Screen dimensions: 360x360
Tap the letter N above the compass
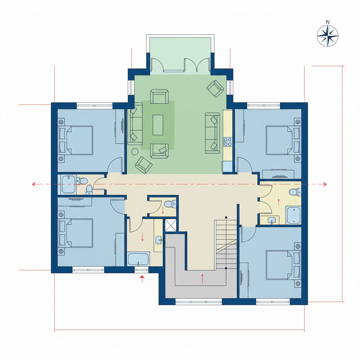[328, 22]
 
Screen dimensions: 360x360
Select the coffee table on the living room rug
[158, 125]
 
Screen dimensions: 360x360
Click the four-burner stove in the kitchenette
[228, 142]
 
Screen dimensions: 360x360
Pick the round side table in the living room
[135, 152]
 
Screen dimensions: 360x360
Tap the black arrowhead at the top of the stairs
[226, 217]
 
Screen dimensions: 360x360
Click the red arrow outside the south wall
[142, 278]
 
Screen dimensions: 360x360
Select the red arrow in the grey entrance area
[202, 278]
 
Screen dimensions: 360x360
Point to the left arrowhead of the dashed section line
[33, 184]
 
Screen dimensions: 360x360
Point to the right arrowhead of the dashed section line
[325, 184]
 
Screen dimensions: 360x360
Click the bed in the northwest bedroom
[76, 140]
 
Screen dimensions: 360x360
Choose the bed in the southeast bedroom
[283, 265]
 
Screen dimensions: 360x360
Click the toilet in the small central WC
[170, 204]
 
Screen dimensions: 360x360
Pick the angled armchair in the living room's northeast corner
[215, 89]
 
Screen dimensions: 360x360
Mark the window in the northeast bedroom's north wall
[264, 105]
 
